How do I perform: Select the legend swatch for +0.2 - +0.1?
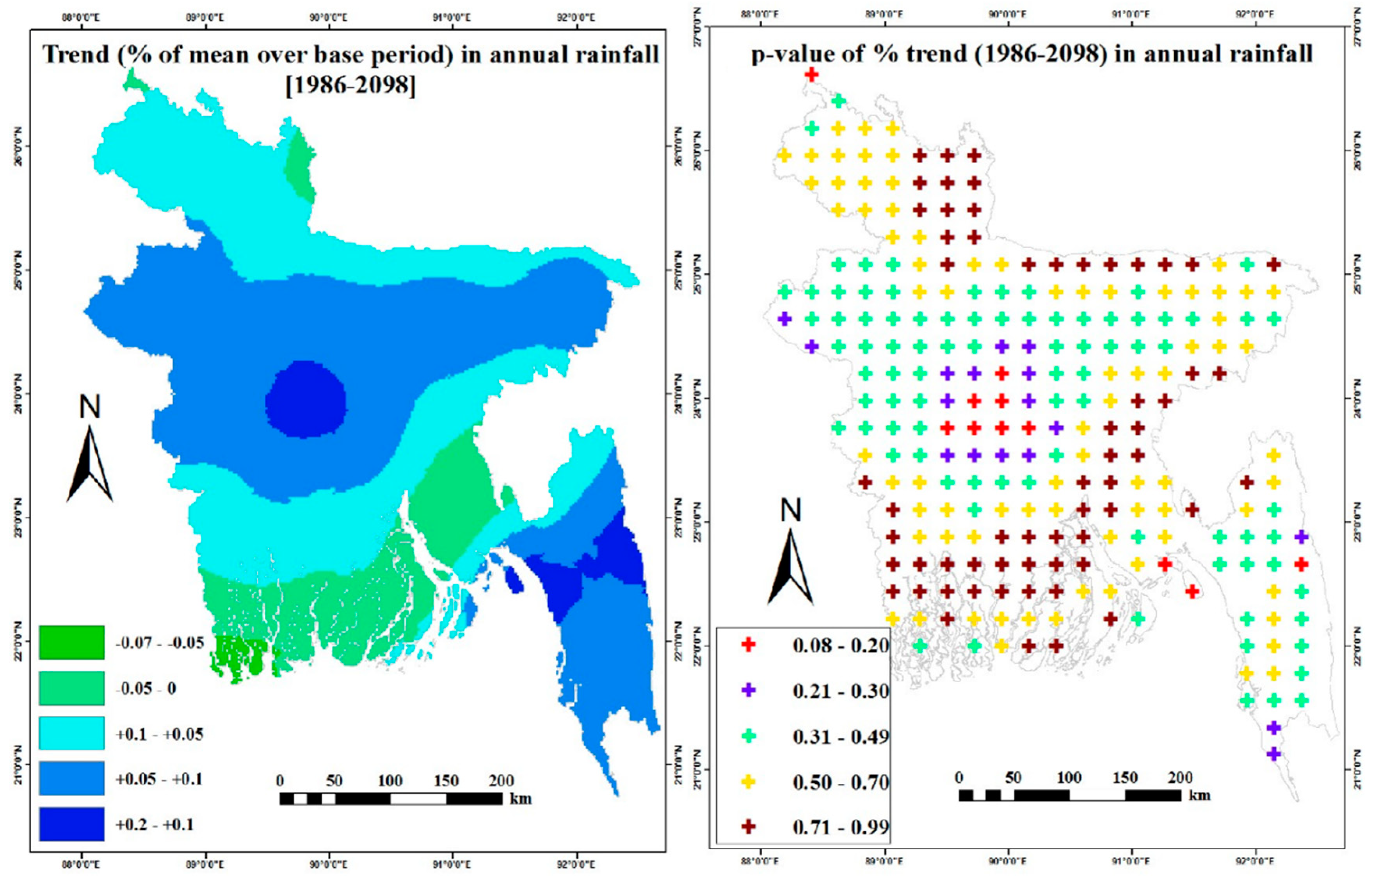pos(71,824)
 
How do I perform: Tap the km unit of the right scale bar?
pos(1199,795)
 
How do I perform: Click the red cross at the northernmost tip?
pos(811,74)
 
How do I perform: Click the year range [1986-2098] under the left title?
pos(350,85)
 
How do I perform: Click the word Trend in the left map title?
pos(76,55)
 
